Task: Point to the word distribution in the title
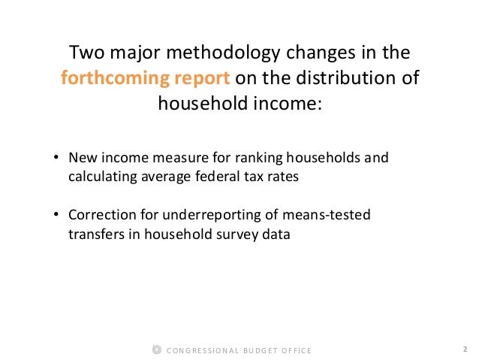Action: tap(343, 78)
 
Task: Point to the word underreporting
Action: tap(193, 216)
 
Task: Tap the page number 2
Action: tap(465, 349)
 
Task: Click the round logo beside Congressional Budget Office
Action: tap(155, 350)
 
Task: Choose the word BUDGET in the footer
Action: tap(255, 350)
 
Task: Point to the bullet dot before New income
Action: tap(56, 159)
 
